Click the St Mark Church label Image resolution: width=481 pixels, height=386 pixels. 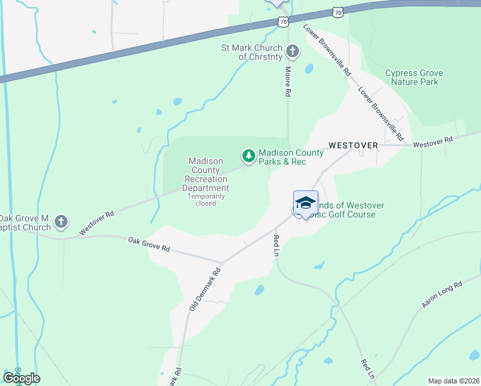(252, 52)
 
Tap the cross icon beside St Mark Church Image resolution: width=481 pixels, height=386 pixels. (293, 51)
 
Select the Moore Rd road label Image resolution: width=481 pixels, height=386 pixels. (288, 82)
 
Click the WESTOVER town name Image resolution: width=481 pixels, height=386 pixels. (353, 145)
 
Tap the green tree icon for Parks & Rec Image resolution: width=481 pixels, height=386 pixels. (248, 155)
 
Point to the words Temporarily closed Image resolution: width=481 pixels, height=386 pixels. (206, 199)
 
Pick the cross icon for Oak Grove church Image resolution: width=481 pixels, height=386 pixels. (61, 223)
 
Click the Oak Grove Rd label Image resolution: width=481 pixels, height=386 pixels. (149, 244)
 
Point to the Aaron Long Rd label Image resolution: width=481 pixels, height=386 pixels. (442, 295)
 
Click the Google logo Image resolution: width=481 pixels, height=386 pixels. (21, 378)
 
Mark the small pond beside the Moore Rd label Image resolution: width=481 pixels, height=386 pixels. (309, 68)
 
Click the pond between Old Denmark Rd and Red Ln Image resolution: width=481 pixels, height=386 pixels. (259, 290)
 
